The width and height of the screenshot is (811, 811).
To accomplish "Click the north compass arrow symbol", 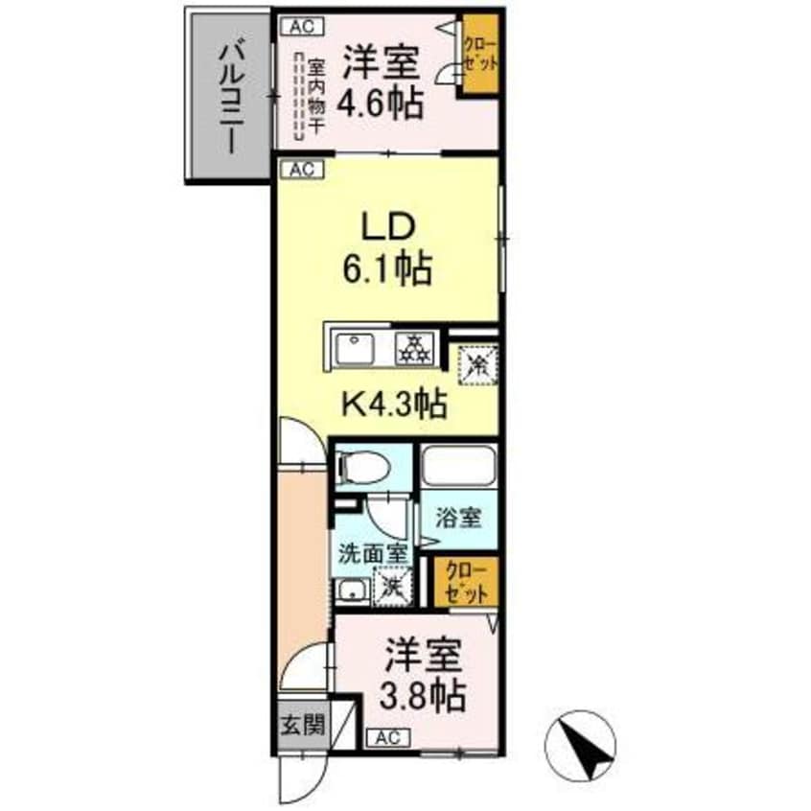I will pos(584,745).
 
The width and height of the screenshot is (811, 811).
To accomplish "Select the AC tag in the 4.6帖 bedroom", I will pos(300,27).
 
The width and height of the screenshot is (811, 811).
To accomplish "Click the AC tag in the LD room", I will pos(300,170).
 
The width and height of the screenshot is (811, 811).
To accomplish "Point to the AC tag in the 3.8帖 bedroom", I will pos(386,737).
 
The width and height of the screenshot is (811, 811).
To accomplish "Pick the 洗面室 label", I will pos(373,553).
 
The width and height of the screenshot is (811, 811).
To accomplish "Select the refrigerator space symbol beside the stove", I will pos(475,362).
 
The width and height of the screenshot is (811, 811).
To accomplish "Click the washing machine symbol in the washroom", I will pos(392,585).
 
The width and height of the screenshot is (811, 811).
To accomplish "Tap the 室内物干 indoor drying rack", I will pos(313,94).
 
